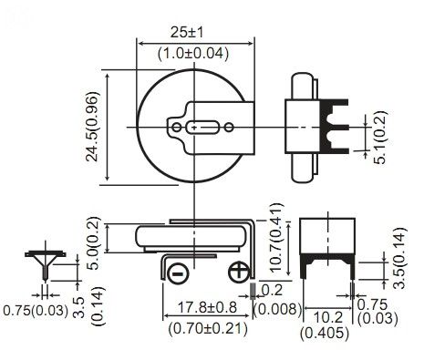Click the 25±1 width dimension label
point(186,33)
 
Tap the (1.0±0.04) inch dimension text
point(193,54)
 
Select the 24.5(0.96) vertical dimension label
point(92,126)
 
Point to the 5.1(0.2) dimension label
point(380,138)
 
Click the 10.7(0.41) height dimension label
point(276,238)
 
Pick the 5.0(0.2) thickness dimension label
point(93,243)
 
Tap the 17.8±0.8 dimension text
point(207,307)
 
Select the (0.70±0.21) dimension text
point(208,328)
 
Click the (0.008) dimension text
point(277,310)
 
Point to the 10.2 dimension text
point(327,317)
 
